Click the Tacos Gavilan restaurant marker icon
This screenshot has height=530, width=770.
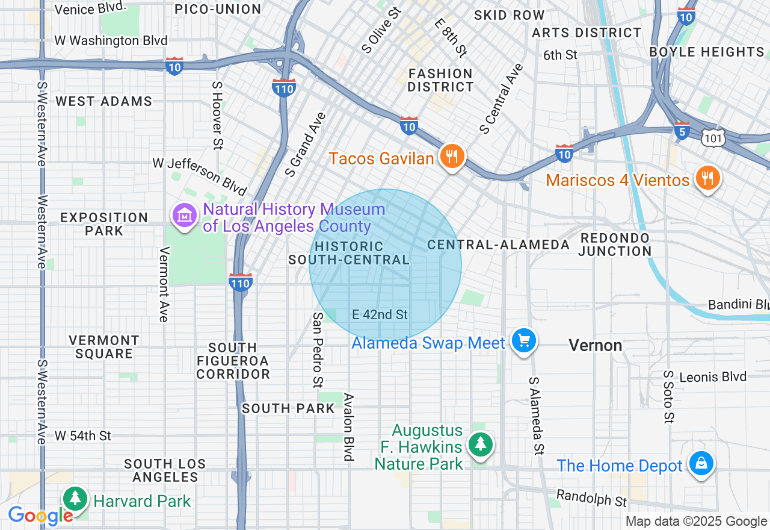point(451,157)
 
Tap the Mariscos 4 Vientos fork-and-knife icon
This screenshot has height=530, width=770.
point(707,178)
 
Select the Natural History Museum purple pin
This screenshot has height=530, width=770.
point(185,216)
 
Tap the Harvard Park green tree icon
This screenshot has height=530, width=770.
point(75,499)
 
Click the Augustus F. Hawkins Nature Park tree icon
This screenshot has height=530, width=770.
point(480,445)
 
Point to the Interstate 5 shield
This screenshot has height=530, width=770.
point(682,131)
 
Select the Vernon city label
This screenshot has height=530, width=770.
point(596,346)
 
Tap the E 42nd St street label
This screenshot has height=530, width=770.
point(380,314)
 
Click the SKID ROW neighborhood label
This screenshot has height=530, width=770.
point(509,15)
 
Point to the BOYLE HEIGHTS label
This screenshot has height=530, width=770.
point(707,52)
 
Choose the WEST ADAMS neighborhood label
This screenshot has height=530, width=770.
point(104,101)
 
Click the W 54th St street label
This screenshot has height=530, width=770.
point(83,435)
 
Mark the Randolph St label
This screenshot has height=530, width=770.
point(591,498)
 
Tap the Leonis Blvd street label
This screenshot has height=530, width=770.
point(713,377)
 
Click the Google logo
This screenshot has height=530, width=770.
point(40,516)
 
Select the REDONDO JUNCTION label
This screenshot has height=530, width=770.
point(615,245)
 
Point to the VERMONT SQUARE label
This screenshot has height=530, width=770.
point(104,347)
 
